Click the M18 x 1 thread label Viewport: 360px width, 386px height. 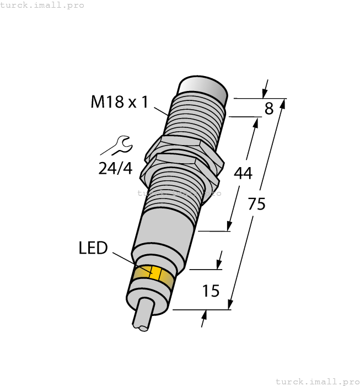pos(119,103)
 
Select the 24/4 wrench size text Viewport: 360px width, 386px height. pos(116,168)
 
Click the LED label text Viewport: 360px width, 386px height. pos(93,248)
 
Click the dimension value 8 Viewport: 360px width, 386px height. pos(268,109)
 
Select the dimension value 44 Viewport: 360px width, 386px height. pos(243,173)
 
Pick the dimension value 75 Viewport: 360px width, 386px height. pos(256,204)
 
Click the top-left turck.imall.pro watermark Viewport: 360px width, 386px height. pos(42,5)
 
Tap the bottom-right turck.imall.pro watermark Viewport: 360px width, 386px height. pos(317,381)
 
